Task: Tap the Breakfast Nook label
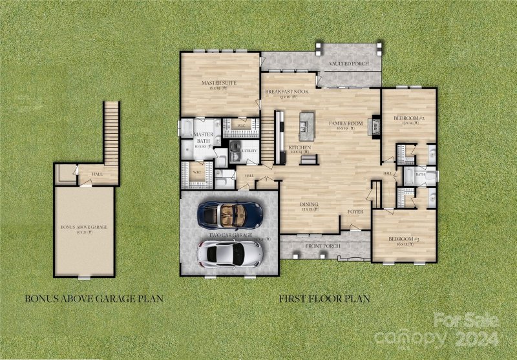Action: [286, 92]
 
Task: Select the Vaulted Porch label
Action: [348, 65]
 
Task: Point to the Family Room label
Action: [346, 123]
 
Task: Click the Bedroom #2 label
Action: [408, 118]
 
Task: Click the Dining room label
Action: [310, 204]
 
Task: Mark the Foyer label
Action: [355, 211]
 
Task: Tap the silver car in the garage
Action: [230, 253]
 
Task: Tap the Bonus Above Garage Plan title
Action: [93, 299]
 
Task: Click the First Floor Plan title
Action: [324, 299]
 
